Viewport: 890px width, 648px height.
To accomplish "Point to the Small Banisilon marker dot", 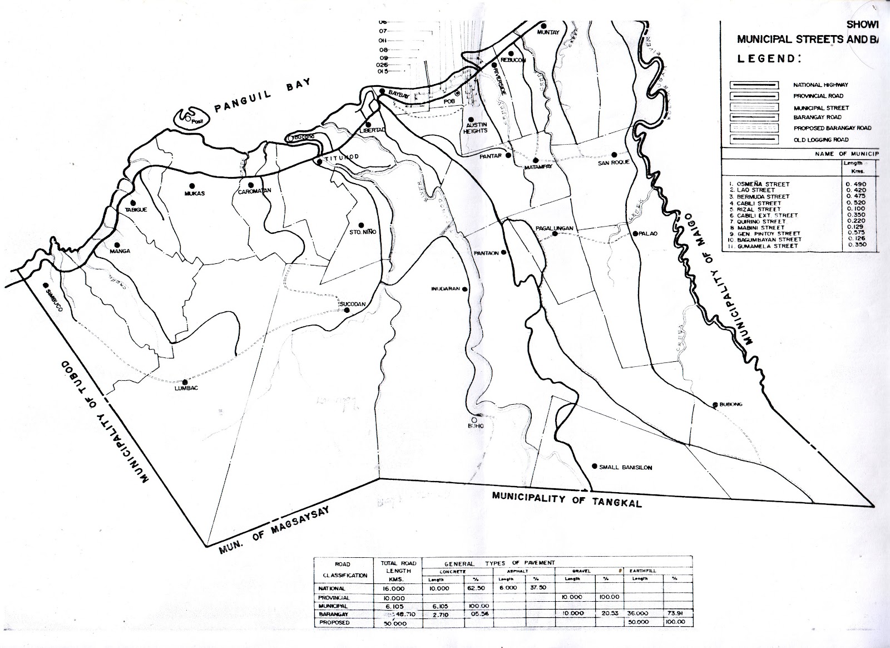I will click(x=595, y=466).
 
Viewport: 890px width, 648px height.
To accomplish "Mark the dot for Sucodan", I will click(x=347, y=311).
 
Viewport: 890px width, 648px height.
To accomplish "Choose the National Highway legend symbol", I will click(x=754, y=85).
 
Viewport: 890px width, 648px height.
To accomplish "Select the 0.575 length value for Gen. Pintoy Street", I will click(x=856, y=233).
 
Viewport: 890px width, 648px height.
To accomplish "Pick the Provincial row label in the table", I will click(x=335, y=597).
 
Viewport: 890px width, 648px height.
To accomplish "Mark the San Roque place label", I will click(x=614, y=163).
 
